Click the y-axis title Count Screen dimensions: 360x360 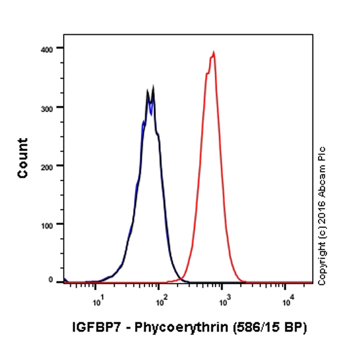23,158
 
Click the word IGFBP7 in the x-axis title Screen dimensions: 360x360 91,328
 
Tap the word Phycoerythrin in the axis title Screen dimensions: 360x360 171,328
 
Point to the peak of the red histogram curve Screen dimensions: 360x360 214,52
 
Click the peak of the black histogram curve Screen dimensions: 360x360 154,87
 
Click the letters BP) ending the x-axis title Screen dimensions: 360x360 295,328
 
